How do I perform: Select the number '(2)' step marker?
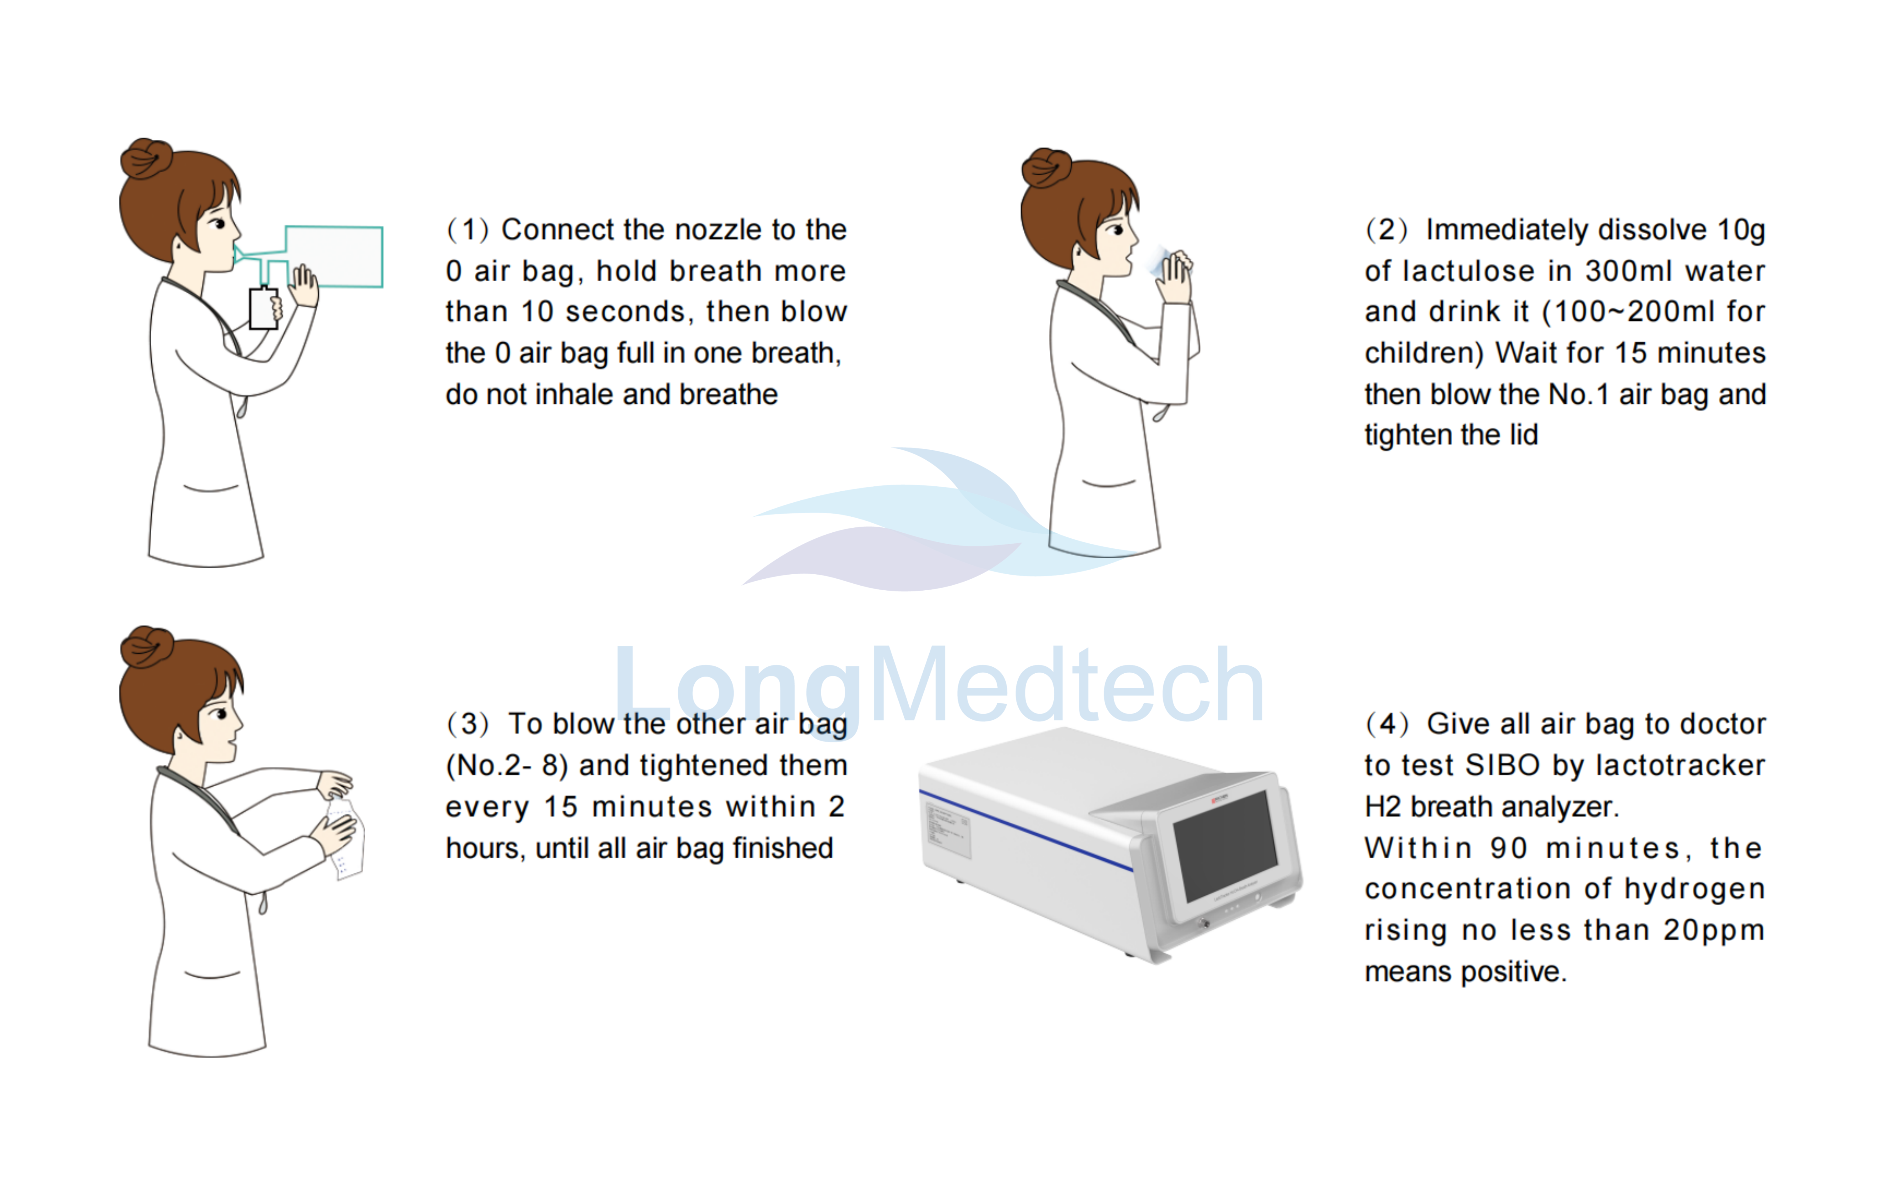(1386, 230)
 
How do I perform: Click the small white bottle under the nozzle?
(263, 308)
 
